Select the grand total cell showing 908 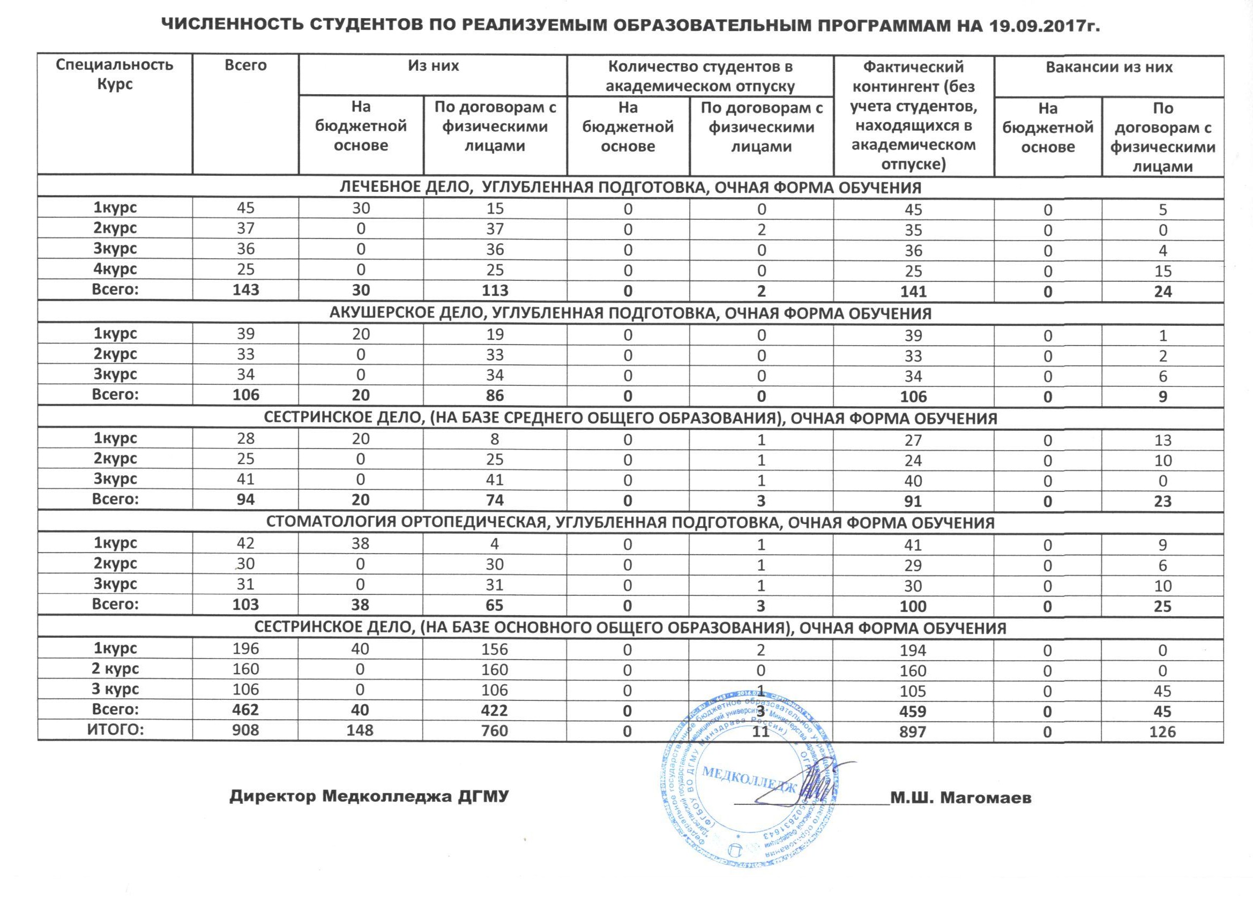tap(245, 731)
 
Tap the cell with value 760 tap(495, 731)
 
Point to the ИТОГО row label tap(115, 730)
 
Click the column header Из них tap(433, 66)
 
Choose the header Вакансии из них tap(1109, 68)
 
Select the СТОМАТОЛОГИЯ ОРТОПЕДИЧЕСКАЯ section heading tap(630, 522)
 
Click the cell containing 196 tap(245, 648)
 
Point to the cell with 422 tap(495, 711)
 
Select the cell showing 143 tap(245, 290)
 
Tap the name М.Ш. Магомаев tap(961, 798)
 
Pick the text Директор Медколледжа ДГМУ tap(369, 797)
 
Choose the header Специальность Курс tap(115, 74)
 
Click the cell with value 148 tap(360, 731)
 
